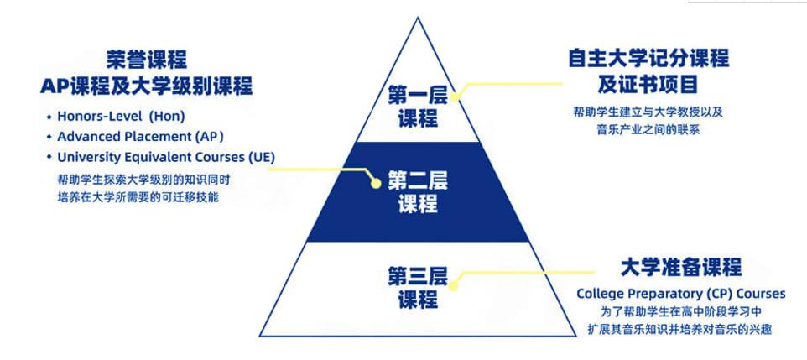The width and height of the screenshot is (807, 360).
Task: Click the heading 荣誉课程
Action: (147, 60)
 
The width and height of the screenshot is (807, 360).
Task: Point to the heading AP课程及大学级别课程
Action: (147, 86)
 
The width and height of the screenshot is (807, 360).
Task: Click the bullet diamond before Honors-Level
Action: (49, 116)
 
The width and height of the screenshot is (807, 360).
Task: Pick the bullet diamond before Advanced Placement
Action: (49, 137)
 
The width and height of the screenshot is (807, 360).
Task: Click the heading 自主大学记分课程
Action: (648, 59)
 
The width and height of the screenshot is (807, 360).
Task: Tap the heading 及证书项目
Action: (648, 86)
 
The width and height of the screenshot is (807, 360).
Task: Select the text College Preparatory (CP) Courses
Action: (680, 294)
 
